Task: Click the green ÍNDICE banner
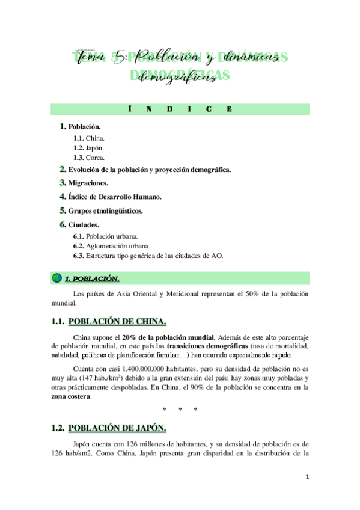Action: tap(180, 109)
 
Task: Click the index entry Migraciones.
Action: tap(88, 182)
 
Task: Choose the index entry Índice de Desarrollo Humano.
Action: tap(115, 197)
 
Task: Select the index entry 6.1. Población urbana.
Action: tap(105, 236)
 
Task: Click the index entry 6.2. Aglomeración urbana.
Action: tap(111, 246)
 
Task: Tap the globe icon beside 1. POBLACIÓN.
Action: tap(57, 278)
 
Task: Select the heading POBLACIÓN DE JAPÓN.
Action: tap(118, 428)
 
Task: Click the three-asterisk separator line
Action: tap(180, 410)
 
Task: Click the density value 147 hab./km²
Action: tap(127, 378)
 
